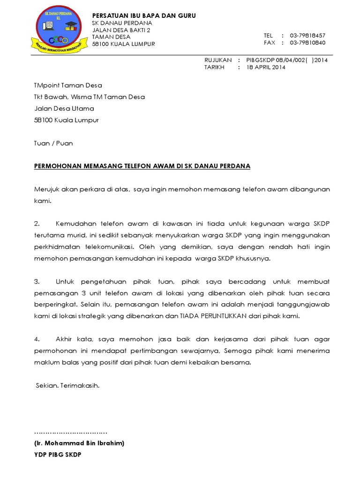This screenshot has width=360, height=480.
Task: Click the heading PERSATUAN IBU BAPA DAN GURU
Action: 144,16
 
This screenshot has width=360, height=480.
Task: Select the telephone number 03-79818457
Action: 307,36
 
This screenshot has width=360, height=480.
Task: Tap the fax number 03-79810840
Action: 307,43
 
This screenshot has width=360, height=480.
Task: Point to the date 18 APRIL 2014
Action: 266,67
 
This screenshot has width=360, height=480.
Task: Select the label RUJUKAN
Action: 218,60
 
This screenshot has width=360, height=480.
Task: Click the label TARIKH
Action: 214,67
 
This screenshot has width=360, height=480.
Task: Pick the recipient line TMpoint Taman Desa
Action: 68,85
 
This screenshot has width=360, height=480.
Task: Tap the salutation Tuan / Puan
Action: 53,143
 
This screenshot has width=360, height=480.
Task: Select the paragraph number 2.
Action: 37,224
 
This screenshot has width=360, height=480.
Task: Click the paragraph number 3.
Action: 37,282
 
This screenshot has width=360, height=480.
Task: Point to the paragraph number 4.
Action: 37,339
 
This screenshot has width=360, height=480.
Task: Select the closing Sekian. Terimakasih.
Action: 68,386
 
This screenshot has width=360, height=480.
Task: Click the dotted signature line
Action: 71,432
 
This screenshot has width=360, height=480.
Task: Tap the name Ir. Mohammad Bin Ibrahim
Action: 79,443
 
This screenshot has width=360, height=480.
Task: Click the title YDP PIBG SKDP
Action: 58,455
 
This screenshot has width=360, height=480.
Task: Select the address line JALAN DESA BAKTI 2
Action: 121,30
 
